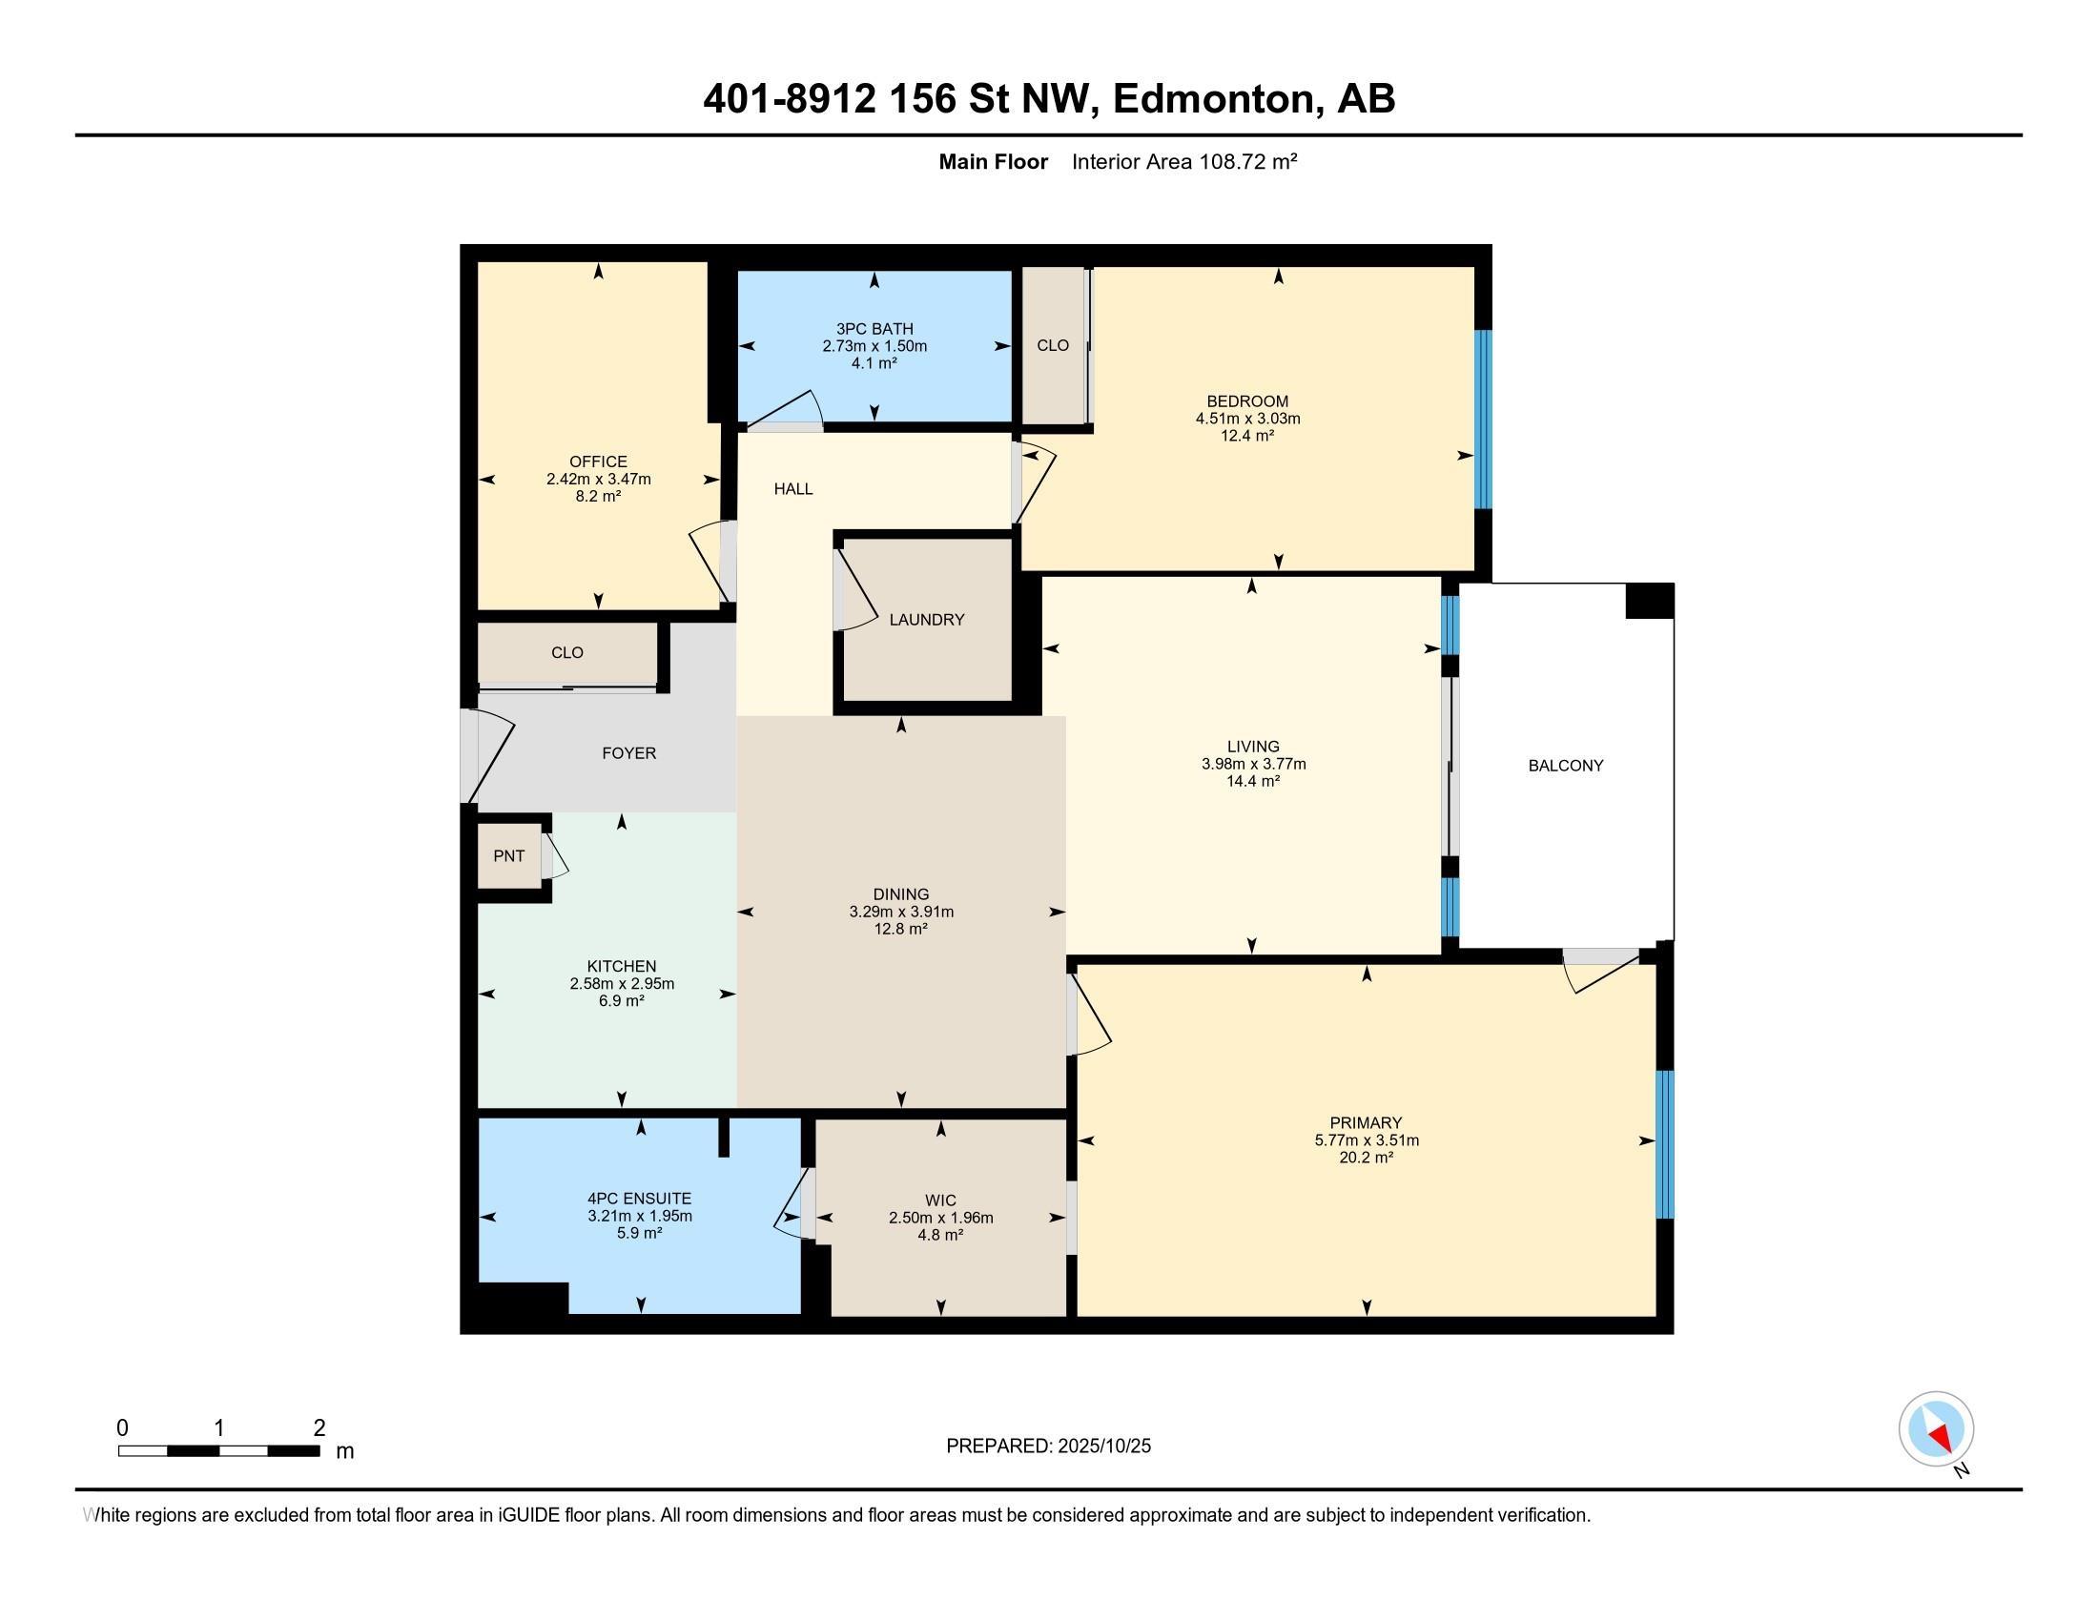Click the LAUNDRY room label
[926, 620]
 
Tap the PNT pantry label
[509, 855]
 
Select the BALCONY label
[1566, 766]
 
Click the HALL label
[793, 489]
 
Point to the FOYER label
[629, 753]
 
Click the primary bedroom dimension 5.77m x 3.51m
[1366, 1139]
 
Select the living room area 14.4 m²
[1253, 781]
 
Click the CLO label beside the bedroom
[1053, 345]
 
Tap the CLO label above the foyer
[566, 652]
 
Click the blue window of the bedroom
[1483, 419]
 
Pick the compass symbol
[1936, 1429]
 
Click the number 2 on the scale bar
[319, 1428]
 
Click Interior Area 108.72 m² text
[1183, 161]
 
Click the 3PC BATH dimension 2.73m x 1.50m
[874, 346]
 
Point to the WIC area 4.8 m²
[939, 1235]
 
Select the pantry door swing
[556, 856]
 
